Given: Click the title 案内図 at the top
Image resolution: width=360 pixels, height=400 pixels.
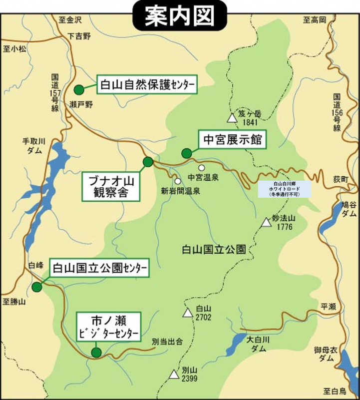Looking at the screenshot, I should pyautogui.click(x=180, y=15).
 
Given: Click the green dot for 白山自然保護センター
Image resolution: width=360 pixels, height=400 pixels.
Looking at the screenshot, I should pyautogui.click(x=78, y=90).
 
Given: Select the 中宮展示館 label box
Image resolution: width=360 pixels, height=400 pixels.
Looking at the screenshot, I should pyautogui.click(x=232, y=140).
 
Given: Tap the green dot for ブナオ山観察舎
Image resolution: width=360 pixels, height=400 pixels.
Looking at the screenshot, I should pyautogui.click(x=148, y=162).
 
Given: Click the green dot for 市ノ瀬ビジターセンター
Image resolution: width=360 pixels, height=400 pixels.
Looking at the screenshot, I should pyautogui.click(x=96, y=353).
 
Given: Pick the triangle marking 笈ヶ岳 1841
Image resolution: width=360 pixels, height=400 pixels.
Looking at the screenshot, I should pyautogui.click(x=232, y=118).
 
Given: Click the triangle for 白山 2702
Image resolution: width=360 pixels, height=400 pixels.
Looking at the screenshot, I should pyautogui.click(x=187, y=313).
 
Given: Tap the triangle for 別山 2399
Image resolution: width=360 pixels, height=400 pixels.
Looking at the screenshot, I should pyautogui.click(x=174, y=374).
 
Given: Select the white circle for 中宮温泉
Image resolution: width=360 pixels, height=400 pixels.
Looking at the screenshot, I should pyautogui.click(x=202, y=168).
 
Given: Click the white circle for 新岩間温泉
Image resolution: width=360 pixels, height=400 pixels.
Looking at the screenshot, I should pyautogui.click(x=177, y=181).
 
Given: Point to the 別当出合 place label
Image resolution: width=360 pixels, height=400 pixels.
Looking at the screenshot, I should pyautogui.click(x=167, y=342).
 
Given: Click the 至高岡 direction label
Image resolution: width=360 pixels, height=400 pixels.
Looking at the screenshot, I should pyautogui.click(x=315, y=20).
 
